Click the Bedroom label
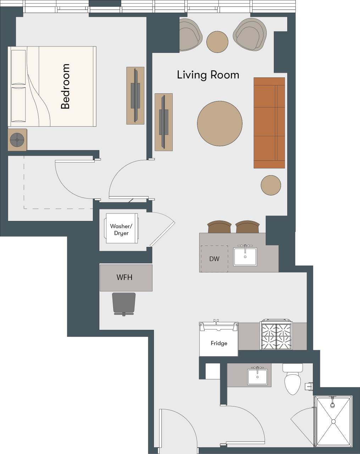[66, 86]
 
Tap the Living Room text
[208, 75]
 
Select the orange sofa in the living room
[269, 123]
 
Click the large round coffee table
[220, 123]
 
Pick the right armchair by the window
[250, 35]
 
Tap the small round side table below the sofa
[271, 185]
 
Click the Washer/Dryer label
[121, 229]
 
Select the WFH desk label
[124, 277]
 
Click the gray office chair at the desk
[124, 304]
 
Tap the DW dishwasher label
[214, 259]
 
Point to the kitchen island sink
[245, 256]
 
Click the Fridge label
[219, 343]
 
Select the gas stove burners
[276, 336]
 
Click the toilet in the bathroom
[293, 381]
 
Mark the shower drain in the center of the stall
[333, 421]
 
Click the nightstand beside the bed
[17, 140]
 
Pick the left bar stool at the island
[219, 227]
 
